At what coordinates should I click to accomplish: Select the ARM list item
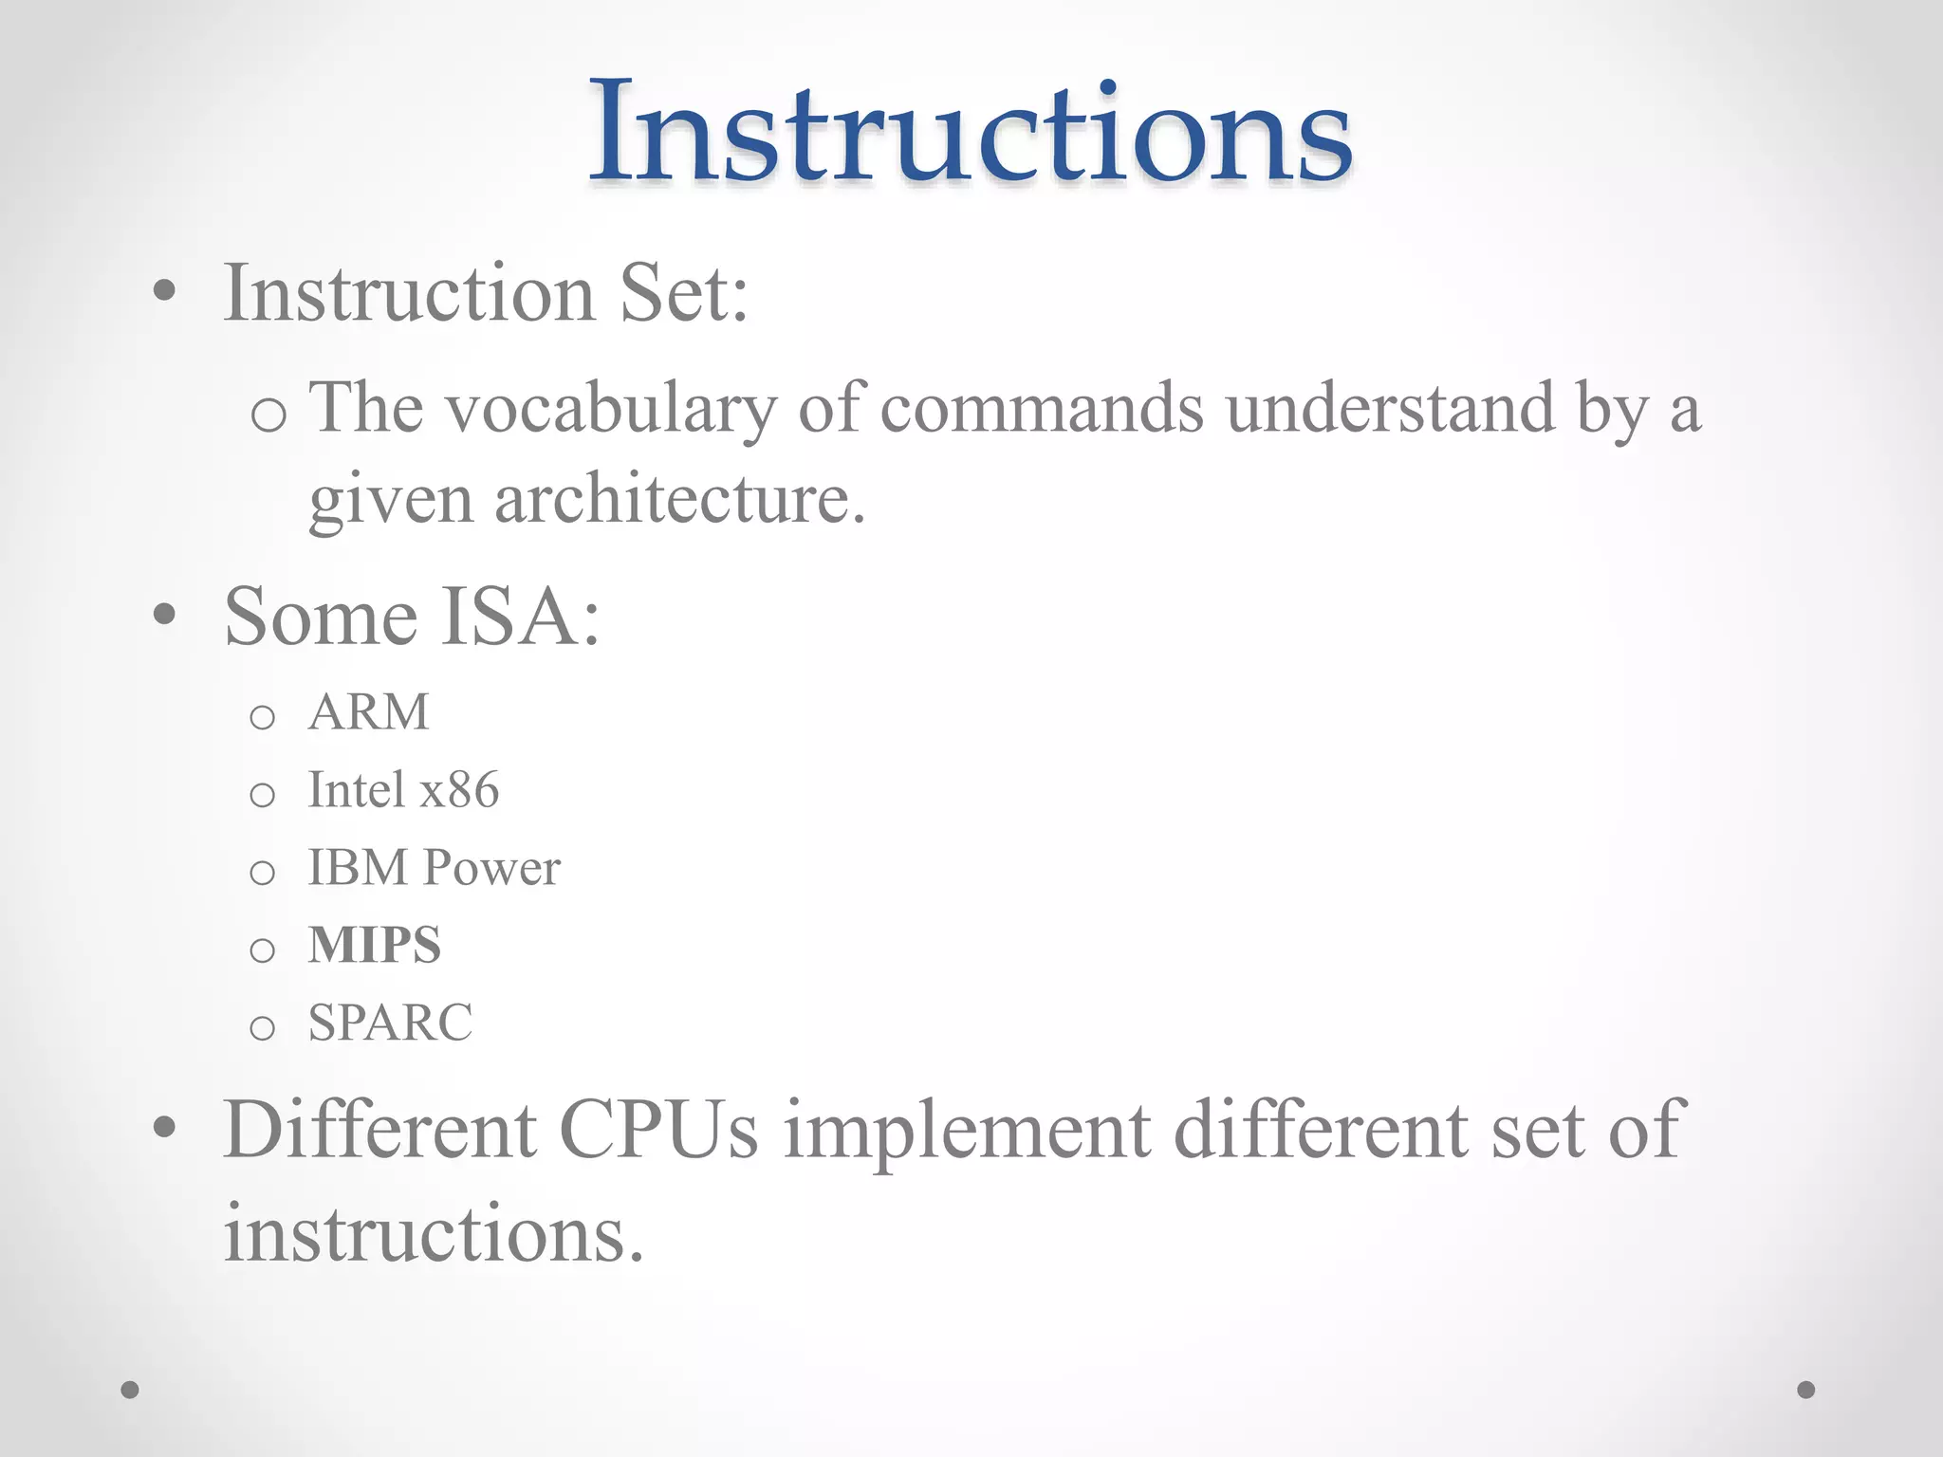(369, 711)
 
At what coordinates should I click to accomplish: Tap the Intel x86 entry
(403, 789)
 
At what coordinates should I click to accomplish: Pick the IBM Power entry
(434, 867)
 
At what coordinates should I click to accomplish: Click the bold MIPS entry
(375, 945)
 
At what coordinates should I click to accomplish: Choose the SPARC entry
(390, 1023)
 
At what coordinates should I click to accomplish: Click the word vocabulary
(611, 410)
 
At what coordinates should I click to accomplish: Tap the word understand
(1390, 410)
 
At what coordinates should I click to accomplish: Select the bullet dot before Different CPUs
(164, 1127)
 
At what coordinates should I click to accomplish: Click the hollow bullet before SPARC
(262, 1026)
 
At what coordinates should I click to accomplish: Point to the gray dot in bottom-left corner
(130, 1390)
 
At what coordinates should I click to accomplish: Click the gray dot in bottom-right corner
(1806, 1390)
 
